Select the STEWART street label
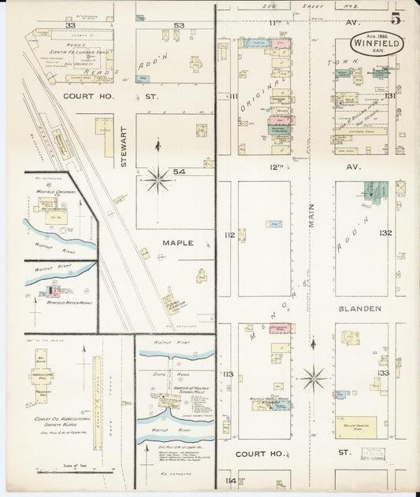tap(125, 146)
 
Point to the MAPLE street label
tap(177, 244)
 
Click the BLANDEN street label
tap(361, 308)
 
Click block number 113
tap(229, 374)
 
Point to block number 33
tap(69, 25)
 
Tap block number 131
tap(388, 96)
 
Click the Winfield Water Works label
tap(69, 302)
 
